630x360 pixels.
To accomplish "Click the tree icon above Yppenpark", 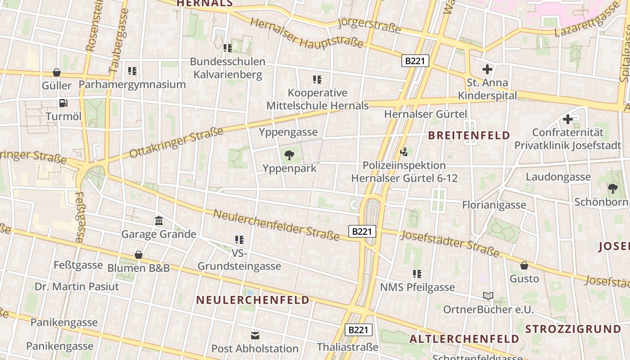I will (x=289, y=156).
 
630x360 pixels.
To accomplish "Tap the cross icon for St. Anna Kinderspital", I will (x=487, y=69).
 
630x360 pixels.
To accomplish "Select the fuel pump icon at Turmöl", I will (x=63, y=103).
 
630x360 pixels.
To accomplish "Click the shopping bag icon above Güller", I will (x=57, y=72).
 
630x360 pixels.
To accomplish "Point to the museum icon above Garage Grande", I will (x=159, y=220).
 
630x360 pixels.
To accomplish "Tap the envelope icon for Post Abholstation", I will (x=255, y=335).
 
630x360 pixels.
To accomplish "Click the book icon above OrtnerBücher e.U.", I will (x=488, y=296).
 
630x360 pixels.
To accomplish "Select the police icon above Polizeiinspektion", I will (x=404, y=152).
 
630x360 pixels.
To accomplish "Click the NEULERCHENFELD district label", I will (x=252, y=300).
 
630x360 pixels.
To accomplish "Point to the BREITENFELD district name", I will (x=469, y=135).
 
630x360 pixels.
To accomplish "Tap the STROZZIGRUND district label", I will (x=573, y=328).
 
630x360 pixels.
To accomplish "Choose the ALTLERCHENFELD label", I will (x=464, y=339).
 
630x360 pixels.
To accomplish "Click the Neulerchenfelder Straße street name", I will (x=276, y=225).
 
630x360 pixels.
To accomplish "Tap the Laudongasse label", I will (x=558, y=177).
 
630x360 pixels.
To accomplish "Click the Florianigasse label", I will (x=494, y=205).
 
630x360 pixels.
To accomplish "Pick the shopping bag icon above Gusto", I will (x=524, y=265).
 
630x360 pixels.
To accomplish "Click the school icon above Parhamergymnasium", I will (x=132, y=71).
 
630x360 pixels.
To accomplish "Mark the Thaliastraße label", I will (x=347, y=347).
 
